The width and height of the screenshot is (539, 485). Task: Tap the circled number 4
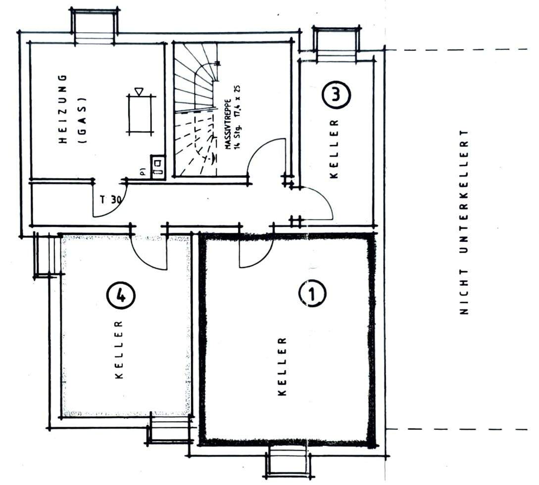(120, 296)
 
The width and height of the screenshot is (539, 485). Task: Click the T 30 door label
(110, 200)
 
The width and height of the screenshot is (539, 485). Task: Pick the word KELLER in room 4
(119, 350)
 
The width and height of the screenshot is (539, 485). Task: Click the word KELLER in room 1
(282, 366)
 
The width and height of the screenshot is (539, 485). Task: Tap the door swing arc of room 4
(151, 255)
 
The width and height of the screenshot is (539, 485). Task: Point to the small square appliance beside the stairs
(158, 165)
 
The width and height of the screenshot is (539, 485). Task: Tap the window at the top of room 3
(335, 44)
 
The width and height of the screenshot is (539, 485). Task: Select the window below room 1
(289, 461)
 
